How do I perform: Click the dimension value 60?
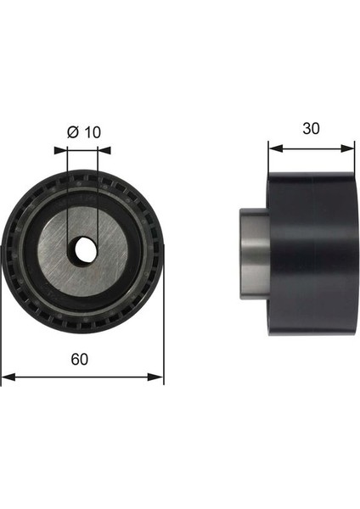pyautogui.click(x=80, y=360)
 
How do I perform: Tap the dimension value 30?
pyautogui.click(x=311, y=129)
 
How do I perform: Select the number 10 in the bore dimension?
pyautogui.click(x=93, y=132)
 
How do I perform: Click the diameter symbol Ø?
pyautogui.click(x=73, y=132)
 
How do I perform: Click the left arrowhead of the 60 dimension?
pyautogui.click(x=8, y=377)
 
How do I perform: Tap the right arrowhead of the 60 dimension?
pyautogui.click(x=155, y=377)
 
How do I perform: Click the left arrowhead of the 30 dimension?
pyautogui.click(x=276, y=148)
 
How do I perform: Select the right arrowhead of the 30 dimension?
pyautogui.click(x=347, y=148)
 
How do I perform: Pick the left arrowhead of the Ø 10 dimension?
pyautogui.click(x=60, y=150)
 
